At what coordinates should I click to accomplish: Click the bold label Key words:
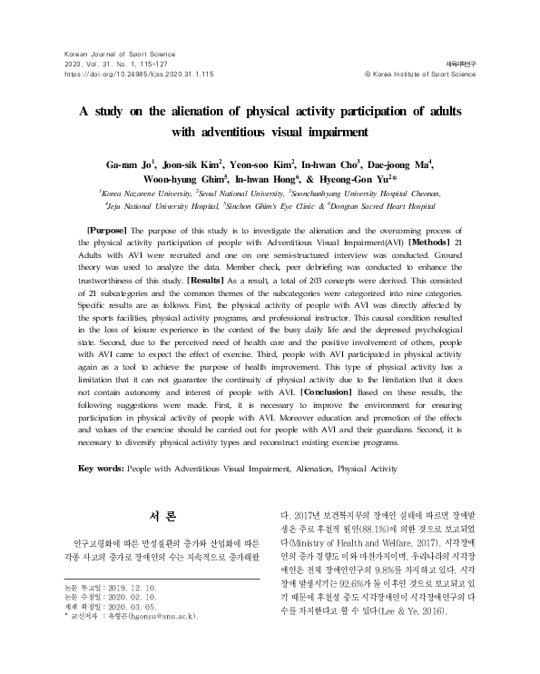click(x=102, y=469)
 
